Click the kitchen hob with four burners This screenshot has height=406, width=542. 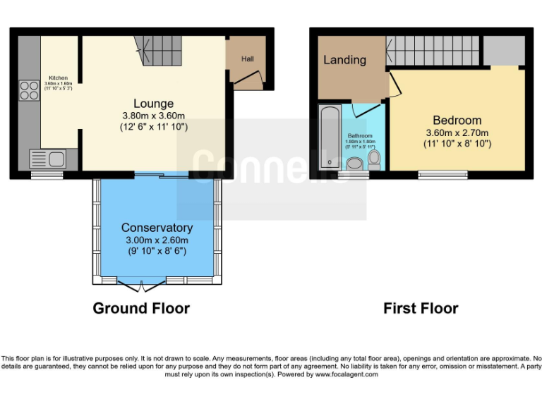click(x=30, y=90)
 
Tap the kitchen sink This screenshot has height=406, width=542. click(x=47, y=159)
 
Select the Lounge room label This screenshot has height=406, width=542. click(x=153, y=104)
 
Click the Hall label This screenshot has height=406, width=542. click(x=247, y=59)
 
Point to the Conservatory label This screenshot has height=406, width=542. click(x=157, y=228)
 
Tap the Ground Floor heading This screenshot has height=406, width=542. click(x=141, y=308)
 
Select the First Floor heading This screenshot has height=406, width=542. click(x=421, y=308)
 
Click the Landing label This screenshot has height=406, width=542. click(x=344, y=60)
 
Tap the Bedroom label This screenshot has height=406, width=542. click(x=457, y=120)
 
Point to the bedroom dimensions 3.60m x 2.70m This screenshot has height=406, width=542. click(x=457, y=133)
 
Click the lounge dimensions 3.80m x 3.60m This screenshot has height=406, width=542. click(x=153, y=116)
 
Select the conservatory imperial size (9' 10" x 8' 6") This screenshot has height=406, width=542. click(x=157, y=252)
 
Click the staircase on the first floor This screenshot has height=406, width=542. click(x=432, y=51)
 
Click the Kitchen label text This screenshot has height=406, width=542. click(x=58, y=78)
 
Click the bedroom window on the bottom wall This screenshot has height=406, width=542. click(x=442, y=174)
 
